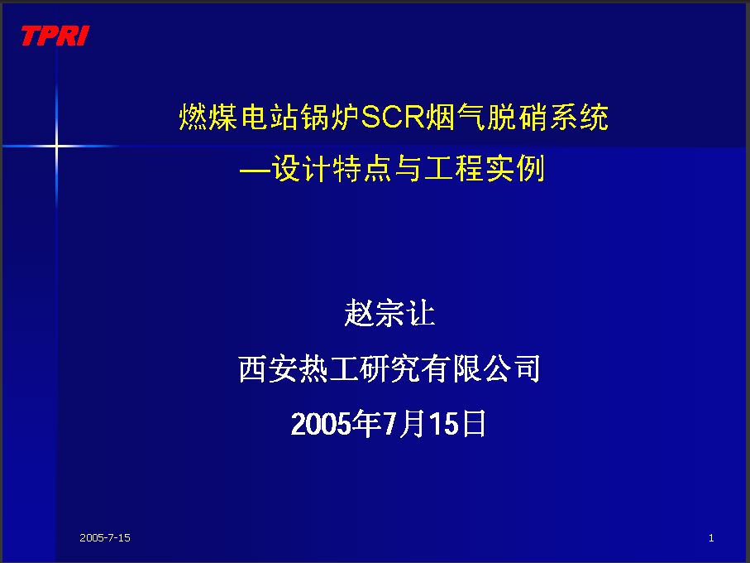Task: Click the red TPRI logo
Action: coord(55,36)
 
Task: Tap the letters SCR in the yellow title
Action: coord(393,117)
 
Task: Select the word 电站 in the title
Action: coord(270,117)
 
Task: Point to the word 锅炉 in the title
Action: coord(330,117)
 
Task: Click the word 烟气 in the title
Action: coord(455,117)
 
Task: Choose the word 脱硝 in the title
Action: coord(517,117)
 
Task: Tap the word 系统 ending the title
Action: coord(578,117)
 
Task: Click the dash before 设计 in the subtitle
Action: coord(254,170)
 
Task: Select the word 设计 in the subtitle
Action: coord(300,169)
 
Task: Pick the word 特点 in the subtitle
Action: coord(361,169)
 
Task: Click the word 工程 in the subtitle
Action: coord(453,169)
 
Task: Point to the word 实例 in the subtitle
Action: coord(515,169)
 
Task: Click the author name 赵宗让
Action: coord(389,313)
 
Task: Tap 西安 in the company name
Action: coord(268,368)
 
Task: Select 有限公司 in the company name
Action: coord(480,368)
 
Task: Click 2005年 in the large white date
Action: coord(336,424)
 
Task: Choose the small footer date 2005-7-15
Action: coord(105,537)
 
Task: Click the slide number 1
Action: coord(711,537)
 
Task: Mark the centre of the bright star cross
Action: coord(56,145)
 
